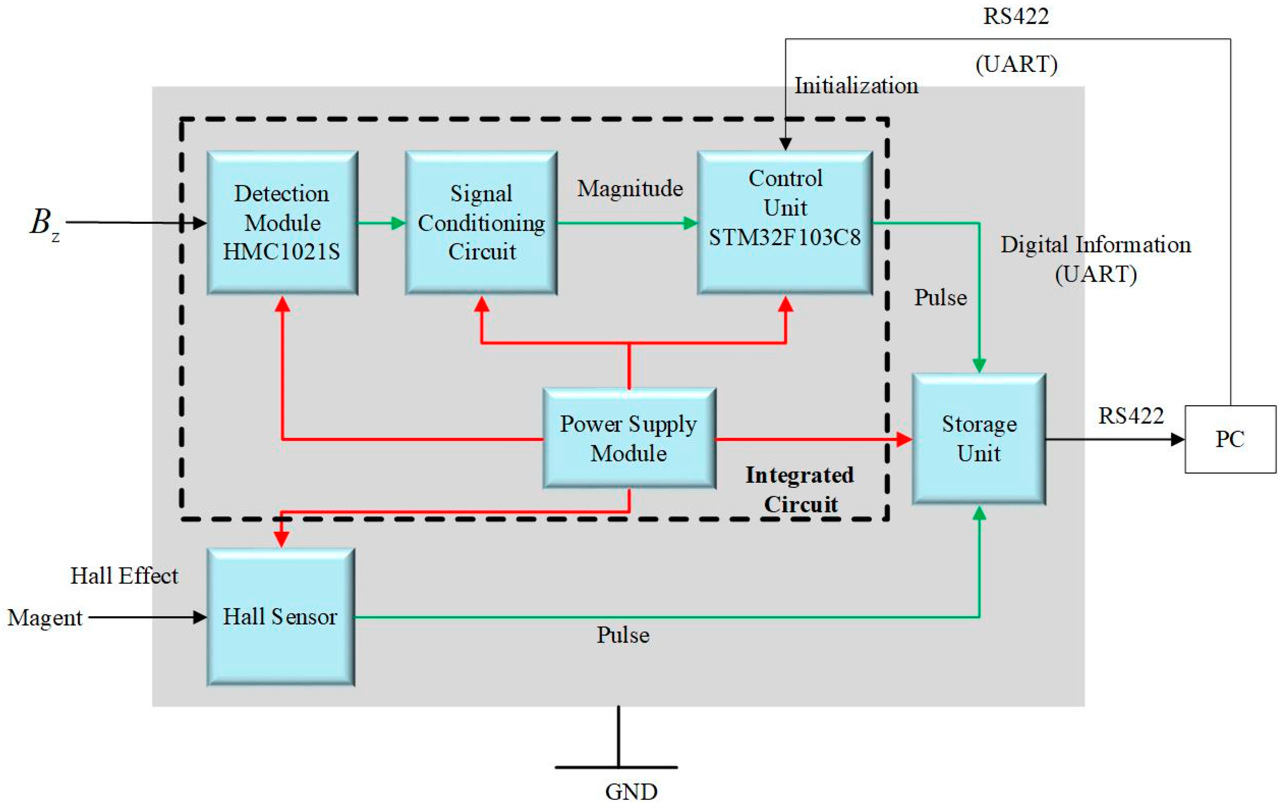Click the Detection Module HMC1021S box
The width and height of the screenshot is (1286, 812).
[282, 223]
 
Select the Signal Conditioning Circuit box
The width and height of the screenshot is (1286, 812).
[481, 223]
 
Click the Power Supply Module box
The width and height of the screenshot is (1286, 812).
[629, 438]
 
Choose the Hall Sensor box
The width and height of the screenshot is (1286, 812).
[280, 617]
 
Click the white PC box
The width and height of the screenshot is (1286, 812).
[1230, 439]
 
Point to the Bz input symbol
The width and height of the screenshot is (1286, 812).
[43, 223]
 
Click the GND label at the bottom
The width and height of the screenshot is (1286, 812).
[631, 792]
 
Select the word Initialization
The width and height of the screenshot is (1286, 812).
[856, 86]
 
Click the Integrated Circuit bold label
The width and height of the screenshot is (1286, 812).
[800, 489]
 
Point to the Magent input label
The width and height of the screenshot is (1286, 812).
[45, 618]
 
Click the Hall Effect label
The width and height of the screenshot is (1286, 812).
[124, 576]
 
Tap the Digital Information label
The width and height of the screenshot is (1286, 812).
[1095, 245]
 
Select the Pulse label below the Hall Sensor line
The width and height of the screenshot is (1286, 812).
[623, 635]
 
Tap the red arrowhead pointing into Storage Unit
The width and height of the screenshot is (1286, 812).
[904, 439]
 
